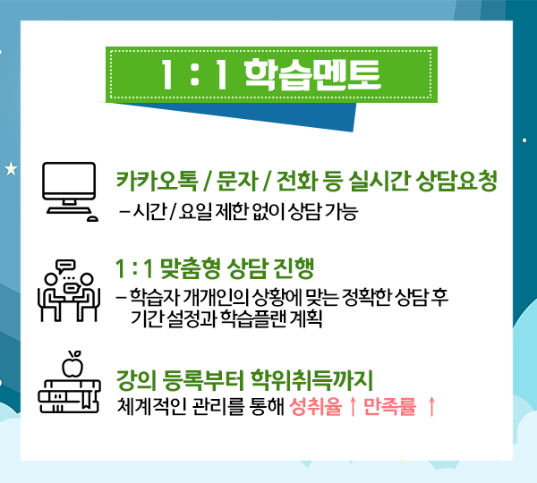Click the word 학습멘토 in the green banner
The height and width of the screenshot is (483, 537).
coord(312,74)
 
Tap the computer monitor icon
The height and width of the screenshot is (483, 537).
coord(70,191)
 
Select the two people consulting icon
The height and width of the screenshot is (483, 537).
coord(69,291)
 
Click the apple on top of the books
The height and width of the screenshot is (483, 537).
coord(72,364)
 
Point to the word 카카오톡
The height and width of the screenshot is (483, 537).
coord(158,181)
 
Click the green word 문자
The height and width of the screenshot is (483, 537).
coord(237,181)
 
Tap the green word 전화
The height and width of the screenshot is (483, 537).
coord(296,181)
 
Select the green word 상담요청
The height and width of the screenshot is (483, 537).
coord(457,181)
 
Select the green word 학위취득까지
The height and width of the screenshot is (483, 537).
coord(311,381)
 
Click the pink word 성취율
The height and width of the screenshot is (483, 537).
coord(315,407)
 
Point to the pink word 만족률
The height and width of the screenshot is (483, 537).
coord(389,407)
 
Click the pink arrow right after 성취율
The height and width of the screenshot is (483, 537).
coord(353,407)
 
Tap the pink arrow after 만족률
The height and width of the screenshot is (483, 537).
coord(431,407)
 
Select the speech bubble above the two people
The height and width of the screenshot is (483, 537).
coord(65,266)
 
